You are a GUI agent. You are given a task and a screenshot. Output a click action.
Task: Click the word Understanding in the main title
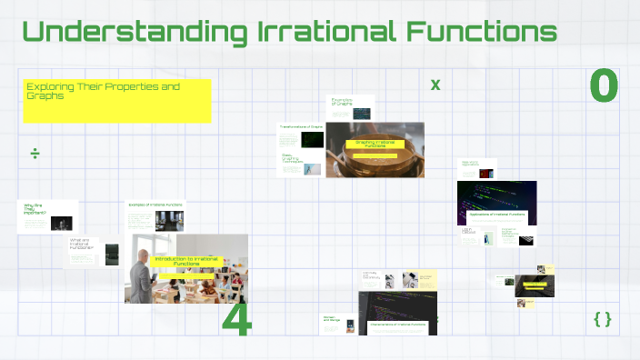[134, 31]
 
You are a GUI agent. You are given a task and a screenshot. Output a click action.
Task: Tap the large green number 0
[604, 86]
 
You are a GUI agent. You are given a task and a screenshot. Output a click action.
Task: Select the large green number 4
[236, 321]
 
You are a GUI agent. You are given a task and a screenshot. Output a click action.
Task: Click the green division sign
[35, 154]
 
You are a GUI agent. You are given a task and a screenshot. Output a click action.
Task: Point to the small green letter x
[435, 85]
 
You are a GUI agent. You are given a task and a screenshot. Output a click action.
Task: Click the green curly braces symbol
[602, 319]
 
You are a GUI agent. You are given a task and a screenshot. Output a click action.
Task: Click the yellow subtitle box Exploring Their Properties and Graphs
[116, 101]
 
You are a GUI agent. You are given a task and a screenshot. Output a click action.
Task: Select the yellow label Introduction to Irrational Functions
[188, 262]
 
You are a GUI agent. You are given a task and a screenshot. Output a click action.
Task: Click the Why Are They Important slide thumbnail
[47, 217]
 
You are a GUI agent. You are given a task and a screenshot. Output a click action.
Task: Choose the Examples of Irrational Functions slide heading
[155, 205]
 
